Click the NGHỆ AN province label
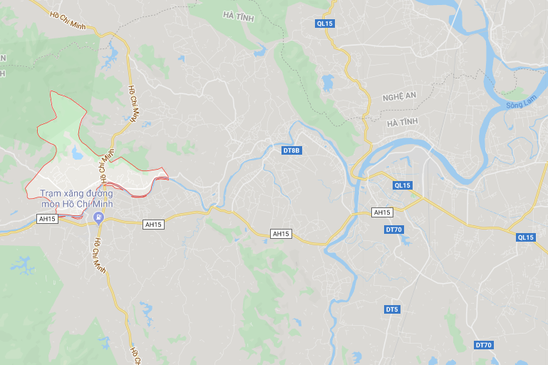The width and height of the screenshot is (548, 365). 398,97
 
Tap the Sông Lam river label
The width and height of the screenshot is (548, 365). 519,106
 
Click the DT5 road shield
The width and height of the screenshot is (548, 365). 392,309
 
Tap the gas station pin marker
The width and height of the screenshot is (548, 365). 99,217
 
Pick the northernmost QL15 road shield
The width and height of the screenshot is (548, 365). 325,24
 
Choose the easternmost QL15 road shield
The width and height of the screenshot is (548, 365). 526,237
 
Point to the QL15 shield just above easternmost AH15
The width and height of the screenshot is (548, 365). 403,185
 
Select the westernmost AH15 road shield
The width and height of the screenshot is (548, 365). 48,219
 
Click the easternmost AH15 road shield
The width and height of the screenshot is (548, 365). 383,212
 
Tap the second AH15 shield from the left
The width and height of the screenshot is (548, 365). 154,225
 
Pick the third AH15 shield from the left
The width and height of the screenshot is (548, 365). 281,234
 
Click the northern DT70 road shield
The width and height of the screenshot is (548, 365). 394,230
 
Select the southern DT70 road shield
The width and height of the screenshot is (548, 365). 484,345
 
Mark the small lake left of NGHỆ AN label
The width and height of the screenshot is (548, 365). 328,83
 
